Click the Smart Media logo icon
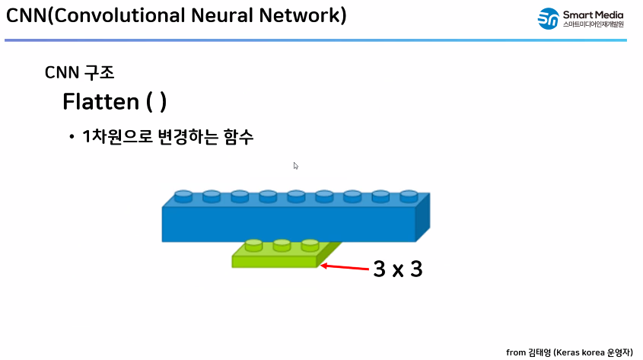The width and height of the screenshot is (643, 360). click(x=548, y=19)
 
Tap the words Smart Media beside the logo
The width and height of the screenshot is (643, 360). click(x=594, y=13)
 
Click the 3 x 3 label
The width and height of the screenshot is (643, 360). click(x=397, y=269)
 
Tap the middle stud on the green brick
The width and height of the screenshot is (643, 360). click(x=282, y=245)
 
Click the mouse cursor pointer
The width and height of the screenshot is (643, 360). click(x=296, y=165)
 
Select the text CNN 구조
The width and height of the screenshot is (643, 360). click(x=80, y=73)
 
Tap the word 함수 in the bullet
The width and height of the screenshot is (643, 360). click(x=239, y=137)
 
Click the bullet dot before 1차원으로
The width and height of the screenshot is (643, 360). click(x=71, y=137)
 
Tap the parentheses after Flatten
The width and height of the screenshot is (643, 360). click(x=157, y=101)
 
